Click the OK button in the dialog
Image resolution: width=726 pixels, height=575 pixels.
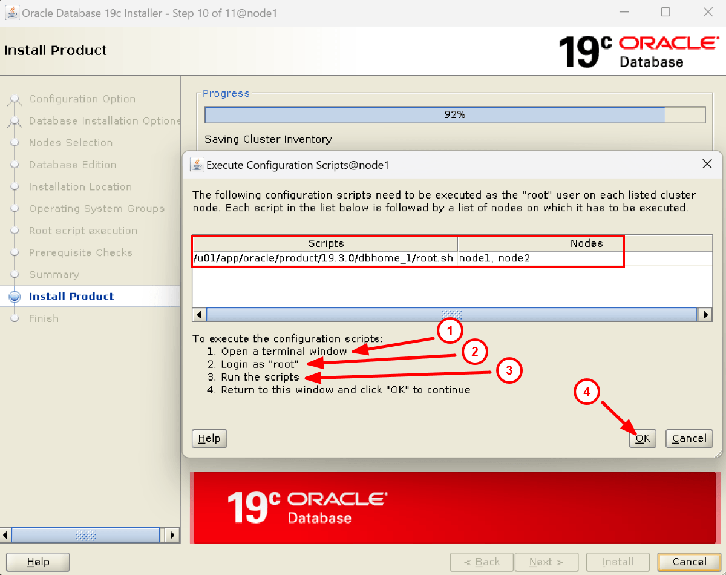coord(643,438)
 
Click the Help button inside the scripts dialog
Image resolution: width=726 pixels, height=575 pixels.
coord(209,438)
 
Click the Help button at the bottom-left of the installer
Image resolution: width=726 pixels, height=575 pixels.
coord(38,562)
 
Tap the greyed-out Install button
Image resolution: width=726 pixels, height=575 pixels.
coord(618,562)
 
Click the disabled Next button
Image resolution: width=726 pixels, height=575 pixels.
coord(546,562)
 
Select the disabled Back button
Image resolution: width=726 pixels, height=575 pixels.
coord(482,562)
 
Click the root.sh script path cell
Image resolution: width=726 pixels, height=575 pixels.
coord(323,258)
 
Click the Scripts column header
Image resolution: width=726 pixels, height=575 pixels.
coord(325,243)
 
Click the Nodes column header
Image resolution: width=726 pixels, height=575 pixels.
coord(586,243)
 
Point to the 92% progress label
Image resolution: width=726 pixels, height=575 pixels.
coord(455,115)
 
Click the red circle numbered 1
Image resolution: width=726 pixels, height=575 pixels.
coord(450,330)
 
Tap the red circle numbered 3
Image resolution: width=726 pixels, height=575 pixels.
coord(509,370)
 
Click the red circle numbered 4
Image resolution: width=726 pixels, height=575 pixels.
coord(587,392)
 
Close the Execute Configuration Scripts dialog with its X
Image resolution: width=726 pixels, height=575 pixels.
coord(707,164)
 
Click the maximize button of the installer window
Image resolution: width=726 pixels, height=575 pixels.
coord(665,13)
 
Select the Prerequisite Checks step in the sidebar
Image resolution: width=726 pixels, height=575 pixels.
coord(80,252)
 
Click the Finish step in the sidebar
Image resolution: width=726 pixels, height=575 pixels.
coord(44,318)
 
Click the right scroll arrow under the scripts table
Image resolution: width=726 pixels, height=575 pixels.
coord(705,315)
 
